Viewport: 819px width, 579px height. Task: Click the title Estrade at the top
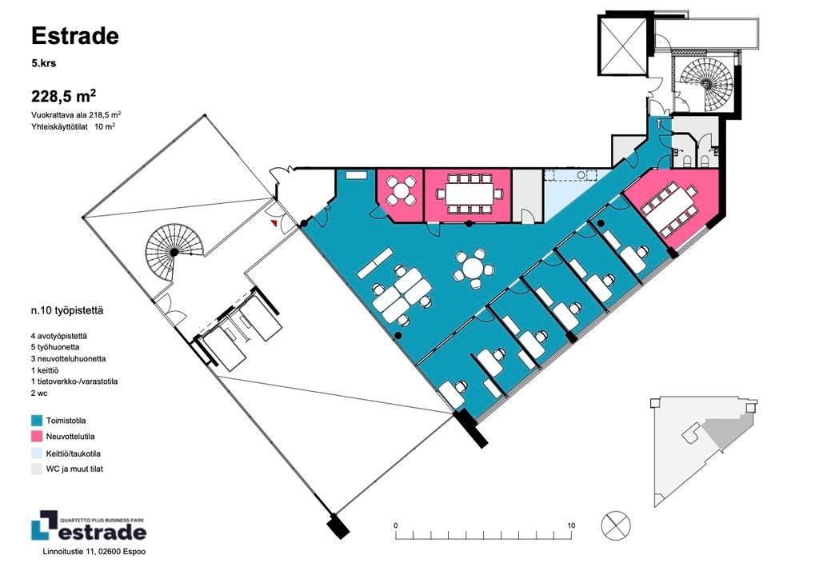coord(75,36)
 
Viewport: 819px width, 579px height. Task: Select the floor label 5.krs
coord(43,64)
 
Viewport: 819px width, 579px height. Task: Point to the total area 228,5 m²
coord(64,97)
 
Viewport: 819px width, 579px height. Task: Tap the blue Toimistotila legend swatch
coord(37,421)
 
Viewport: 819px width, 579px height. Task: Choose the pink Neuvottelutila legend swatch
coord(37,437)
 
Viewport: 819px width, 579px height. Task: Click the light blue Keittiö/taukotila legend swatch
coord(37,453)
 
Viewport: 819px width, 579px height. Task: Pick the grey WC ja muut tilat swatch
coord(37,469)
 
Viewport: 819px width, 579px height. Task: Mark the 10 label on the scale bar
coord(571,525)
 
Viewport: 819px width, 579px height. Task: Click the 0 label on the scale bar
coord(395,525)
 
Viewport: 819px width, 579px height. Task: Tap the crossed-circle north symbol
coord(616,525)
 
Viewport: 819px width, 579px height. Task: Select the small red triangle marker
coord(274,223)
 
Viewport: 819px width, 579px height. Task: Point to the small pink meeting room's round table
coord(400,191)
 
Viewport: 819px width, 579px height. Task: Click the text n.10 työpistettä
coord(67,310)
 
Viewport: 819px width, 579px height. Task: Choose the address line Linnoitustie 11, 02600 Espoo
coord(94,551)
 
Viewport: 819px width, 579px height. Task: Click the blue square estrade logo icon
coord(44,525)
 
